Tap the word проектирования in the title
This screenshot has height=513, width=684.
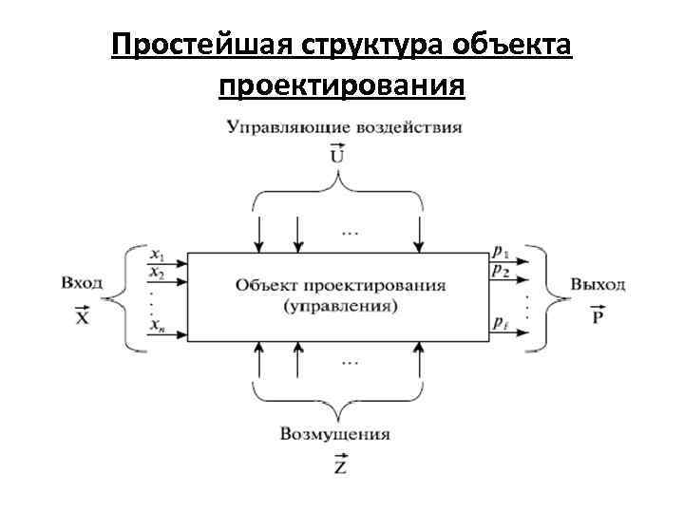[x=342, y=87]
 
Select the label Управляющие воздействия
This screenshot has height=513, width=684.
[x=344, y=125]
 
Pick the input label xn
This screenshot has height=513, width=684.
[x=158, y=327]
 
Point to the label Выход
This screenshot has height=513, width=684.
[x=598, y=283]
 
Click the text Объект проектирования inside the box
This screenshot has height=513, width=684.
[x=341, y=285]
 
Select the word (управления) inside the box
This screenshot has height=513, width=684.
[x=341, y=306]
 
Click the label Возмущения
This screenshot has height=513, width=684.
[x=335, y=434]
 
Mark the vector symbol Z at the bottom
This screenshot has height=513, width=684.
[x=339, y=465]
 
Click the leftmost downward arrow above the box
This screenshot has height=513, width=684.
[x=259, y=233]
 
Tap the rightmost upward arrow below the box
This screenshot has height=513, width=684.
[x=419, y=361]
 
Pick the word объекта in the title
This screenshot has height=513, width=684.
[x=513, y=47]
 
